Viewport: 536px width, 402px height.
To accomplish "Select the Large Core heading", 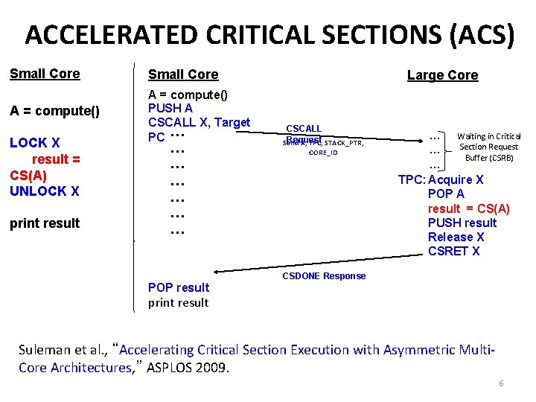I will (442, 74).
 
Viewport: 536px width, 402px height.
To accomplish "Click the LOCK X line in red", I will (34, 142).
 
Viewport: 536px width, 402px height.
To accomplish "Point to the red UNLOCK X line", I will (44, 191).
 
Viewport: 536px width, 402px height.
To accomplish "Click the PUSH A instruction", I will (172, 108).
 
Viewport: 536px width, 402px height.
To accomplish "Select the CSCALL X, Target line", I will (199, 122).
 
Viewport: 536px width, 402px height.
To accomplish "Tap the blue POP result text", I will (179, 287).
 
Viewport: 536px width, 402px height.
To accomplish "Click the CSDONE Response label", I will (324, 276).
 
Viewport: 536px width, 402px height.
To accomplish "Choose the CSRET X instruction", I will (453, 251).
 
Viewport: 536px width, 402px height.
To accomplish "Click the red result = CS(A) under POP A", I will (468, 208).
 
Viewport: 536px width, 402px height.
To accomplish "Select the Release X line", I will (456, 237).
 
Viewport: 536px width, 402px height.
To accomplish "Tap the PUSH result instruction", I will (462, 223).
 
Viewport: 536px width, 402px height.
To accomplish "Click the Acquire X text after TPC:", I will (456, 179).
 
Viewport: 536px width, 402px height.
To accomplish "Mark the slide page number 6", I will (501, 383).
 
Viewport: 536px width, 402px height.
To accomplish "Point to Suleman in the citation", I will (47, 349).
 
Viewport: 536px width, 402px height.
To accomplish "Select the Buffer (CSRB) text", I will (489, 157).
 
